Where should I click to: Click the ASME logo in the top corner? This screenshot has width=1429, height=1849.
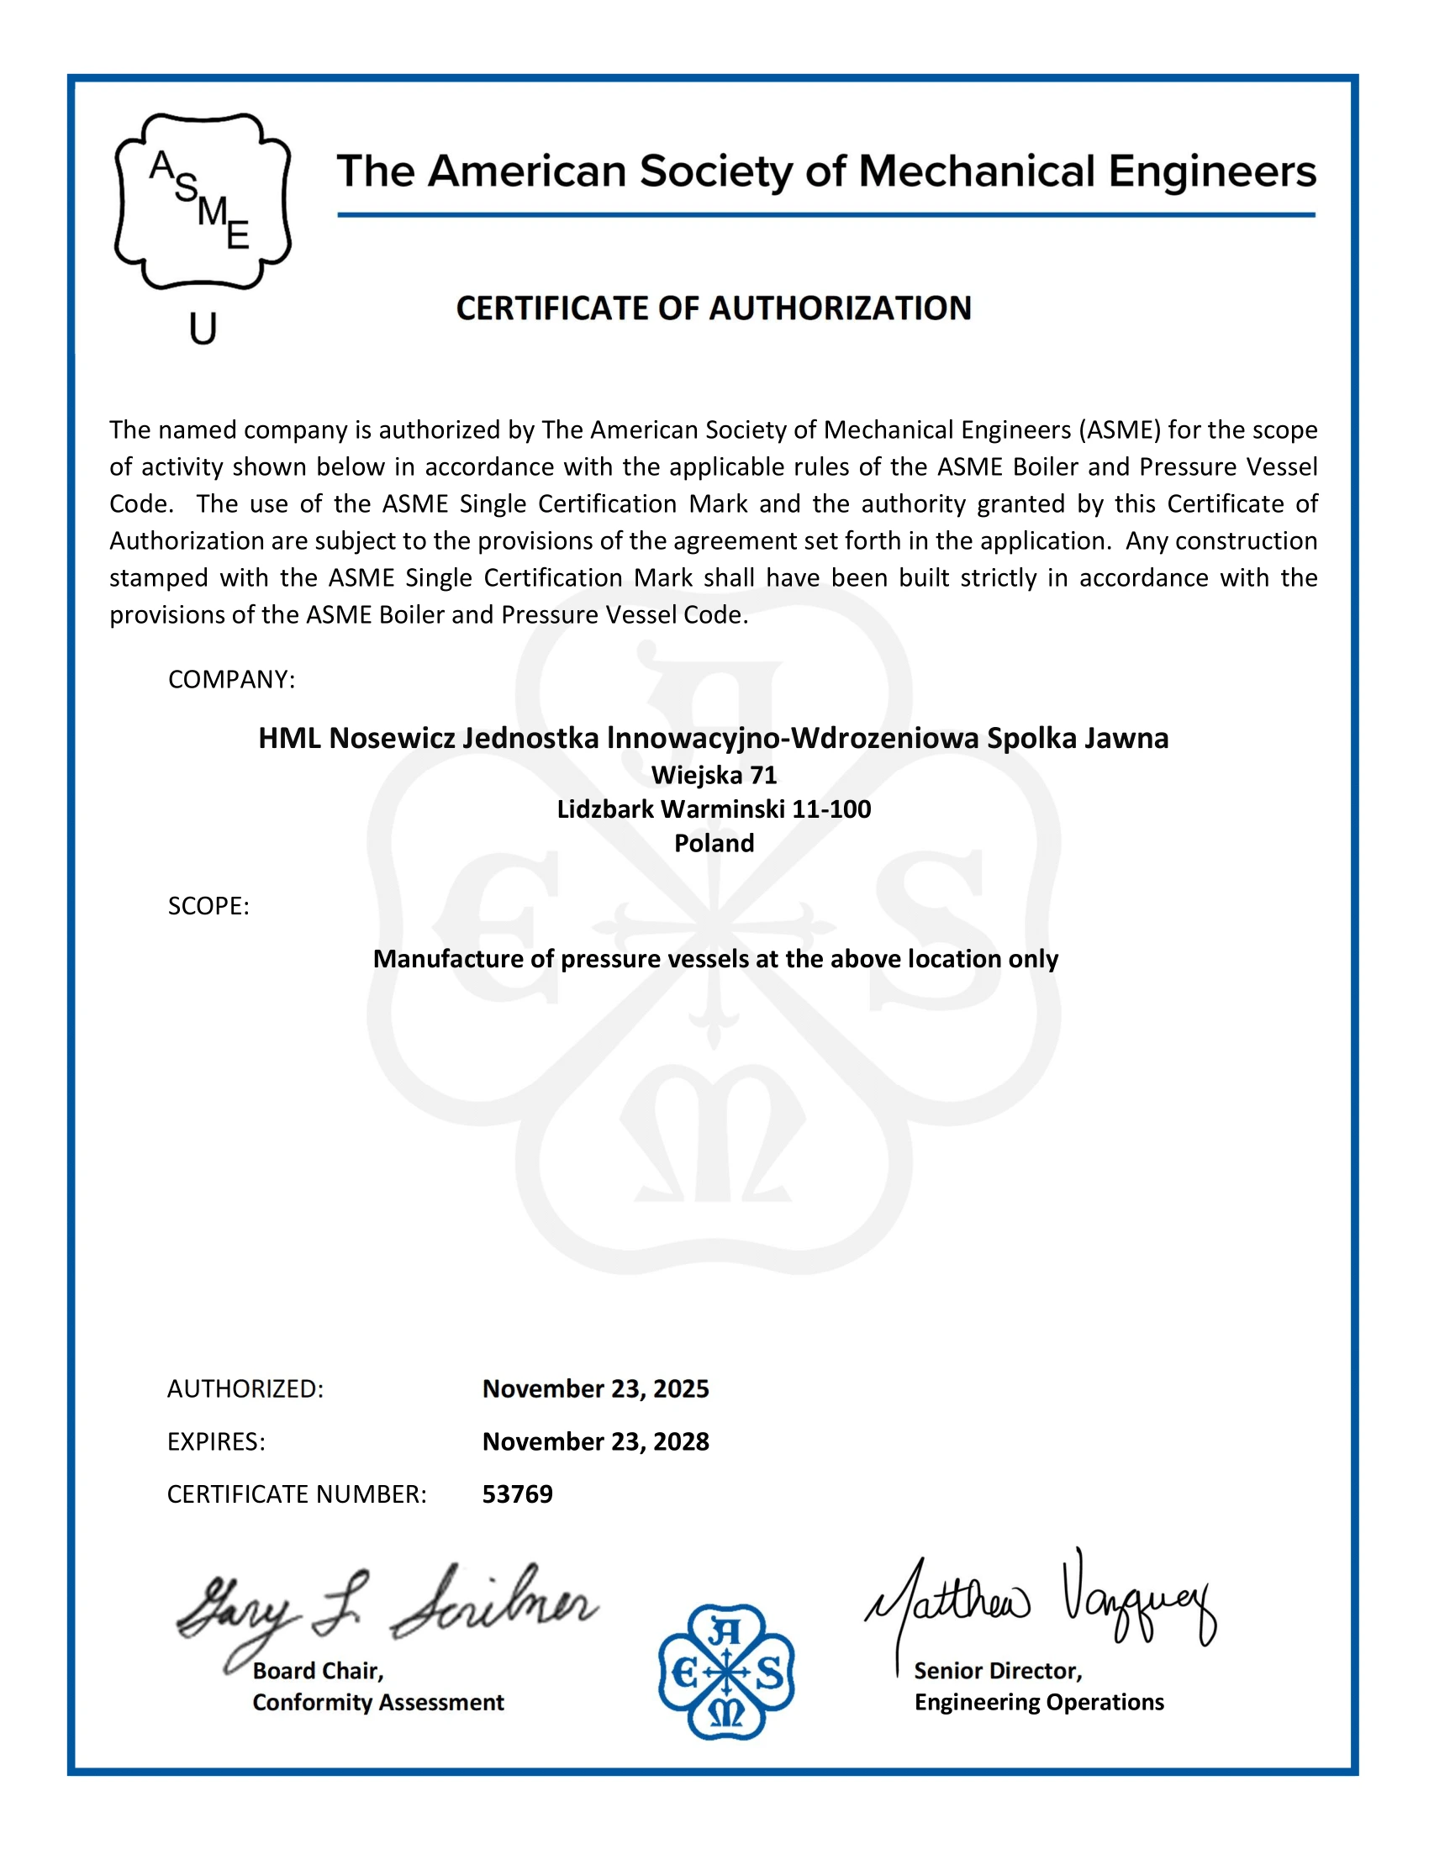point(203,202)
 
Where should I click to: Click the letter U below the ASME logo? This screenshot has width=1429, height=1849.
point(203,329)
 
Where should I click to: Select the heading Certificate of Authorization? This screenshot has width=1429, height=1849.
point(714,308)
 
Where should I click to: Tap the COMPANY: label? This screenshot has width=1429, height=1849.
point(231,680)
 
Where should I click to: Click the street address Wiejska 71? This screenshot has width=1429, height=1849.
point(714,775)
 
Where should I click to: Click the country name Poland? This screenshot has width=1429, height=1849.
point(714,843)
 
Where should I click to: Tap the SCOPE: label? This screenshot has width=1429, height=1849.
point(208,906)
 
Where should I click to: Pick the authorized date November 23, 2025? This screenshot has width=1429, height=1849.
point(595,1388)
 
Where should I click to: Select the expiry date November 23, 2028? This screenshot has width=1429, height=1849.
point(595,1441)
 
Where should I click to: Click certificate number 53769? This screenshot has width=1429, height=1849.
point(517,1493)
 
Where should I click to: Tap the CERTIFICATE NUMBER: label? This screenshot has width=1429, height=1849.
point(296,1494)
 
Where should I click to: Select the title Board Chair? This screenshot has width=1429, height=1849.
point(319,1670)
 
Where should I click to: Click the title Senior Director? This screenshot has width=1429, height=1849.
point(998,1670)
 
